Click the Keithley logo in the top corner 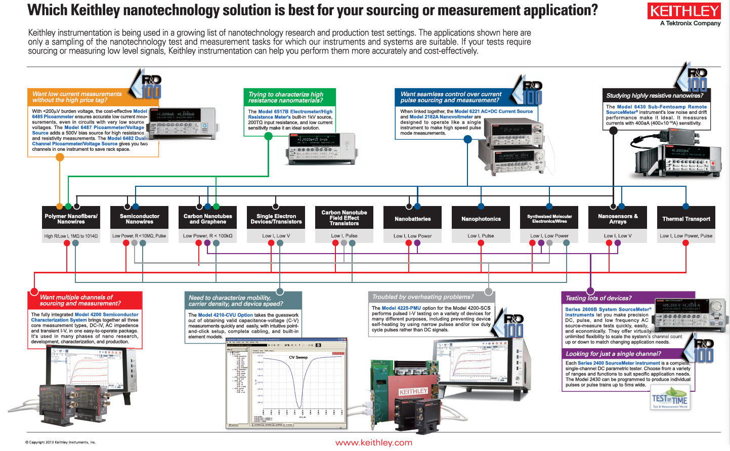tap(684, 11)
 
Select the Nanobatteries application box tap(413, 219)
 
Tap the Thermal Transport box tap(686, 219)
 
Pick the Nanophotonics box tap(481, 219)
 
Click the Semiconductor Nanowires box tap(139, 219)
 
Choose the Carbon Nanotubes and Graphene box tap(207, 219)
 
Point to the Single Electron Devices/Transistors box tap(276, 219)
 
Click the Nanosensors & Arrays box tap(618, 219)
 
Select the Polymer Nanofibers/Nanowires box tap(71, 219)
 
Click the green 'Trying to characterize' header tap(286, 97)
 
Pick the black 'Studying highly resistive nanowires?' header tap(655, 95)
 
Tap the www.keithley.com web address tap(373, 443)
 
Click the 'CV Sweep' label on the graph tap(298, 357)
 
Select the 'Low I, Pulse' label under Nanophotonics tap(481, 236)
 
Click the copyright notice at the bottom tap(60, 442)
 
